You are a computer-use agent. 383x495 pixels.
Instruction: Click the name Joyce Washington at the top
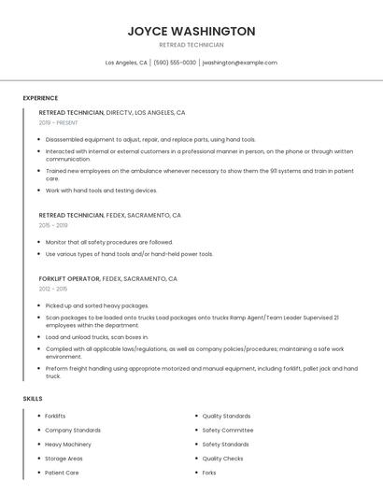pos(191,31)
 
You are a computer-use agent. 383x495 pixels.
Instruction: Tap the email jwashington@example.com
pos(240,63)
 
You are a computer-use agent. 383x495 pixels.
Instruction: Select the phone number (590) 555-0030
pos(175,63)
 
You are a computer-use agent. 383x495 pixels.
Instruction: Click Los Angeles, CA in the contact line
pos(126,63)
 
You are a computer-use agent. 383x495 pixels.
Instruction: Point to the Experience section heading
pos(40,98)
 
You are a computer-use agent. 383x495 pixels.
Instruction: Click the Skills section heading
pos(33,399)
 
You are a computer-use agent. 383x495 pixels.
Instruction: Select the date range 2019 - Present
pos(59,122)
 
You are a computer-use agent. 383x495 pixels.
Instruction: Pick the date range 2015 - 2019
pos(53,225)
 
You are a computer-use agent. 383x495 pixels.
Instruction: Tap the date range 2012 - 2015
pos(53,289)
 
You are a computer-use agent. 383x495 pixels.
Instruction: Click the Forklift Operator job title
pos(69,278)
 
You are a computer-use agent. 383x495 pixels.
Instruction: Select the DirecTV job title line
pos(112,112)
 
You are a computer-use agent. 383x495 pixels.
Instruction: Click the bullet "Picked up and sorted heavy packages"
pos(97,305)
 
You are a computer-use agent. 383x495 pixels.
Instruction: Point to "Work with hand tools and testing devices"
pos(102,191)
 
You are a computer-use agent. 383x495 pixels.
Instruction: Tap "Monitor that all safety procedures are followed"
pos(109,242)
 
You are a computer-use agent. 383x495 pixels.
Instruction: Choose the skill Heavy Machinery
pos(68,445)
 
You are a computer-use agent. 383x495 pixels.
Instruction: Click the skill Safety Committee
pos(228,431)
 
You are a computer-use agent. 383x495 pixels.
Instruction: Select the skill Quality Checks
pos(223,459)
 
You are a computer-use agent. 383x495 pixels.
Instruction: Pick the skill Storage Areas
pos(64,459)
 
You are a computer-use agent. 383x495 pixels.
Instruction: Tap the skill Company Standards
pos(72,431)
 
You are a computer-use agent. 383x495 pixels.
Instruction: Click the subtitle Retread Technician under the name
pos(191,45)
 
